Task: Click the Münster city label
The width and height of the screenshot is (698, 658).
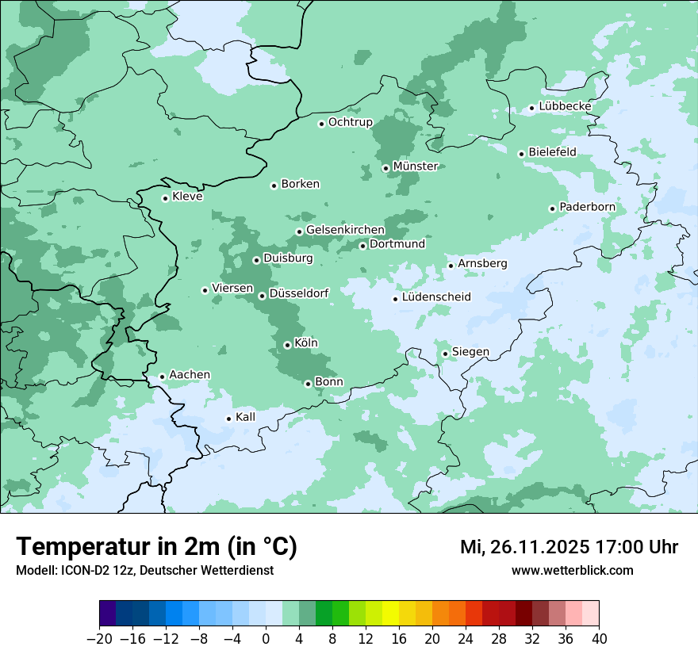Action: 416,166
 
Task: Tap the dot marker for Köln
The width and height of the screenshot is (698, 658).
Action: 287,345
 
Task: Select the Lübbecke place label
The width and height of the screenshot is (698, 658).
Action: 565,106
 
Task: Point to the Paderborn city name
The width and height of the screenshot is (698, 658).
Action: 587,207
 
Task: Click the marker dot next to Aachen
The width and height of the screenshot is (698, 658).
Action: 162,377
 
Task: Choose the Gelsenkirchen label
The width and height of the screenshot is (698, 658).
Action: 345,230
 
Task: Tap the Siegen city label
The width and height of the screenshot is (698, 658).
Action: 470,352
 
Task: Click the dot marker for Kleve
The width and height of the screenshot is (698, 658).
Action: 165,198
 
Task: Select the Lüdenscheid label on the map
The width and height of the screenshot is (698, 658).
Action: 436,297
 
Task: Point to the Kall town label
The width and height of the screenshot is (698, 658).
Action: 245,417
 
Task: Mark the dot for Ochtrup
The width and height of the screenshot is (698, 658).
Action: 321,123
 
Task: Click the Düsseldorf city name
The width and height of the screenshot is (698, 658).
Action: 298,293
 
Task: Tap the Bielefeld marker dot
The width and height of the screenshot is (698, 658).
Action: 521,154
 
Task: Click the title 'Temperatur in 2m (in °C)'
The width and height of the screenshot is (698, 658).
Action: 156,547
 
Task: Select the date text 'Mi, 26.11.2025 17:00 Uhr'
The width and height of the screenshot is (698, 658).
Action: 569,547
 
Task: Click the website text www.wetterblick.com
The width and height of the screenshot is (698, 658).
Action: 572,570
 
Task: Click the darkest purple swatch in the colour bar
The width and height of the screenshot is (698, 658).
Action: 107,614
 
